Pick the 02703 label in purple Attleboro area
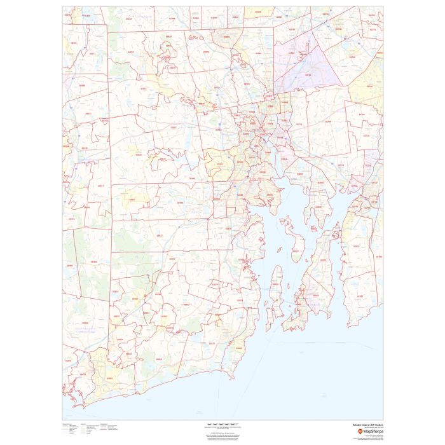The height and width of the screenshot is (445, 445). (x=308, y=76)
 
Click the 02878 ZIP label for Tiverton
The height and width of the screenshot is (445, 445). (x=356, y=245)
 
